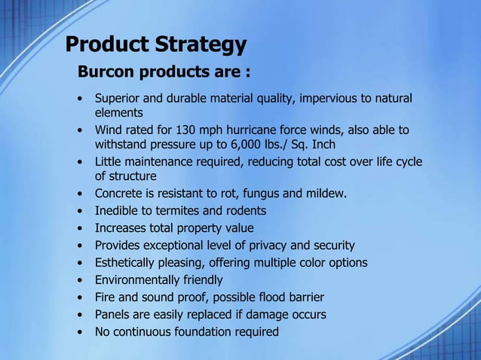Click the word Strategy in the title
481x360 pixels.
click(x=200, y=45)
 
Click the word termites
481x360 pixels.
click(x=179, y=211)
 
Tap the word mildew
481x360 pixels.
click(x=326, y=194)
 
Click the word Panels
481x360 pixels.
click(x=112, y=315)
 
